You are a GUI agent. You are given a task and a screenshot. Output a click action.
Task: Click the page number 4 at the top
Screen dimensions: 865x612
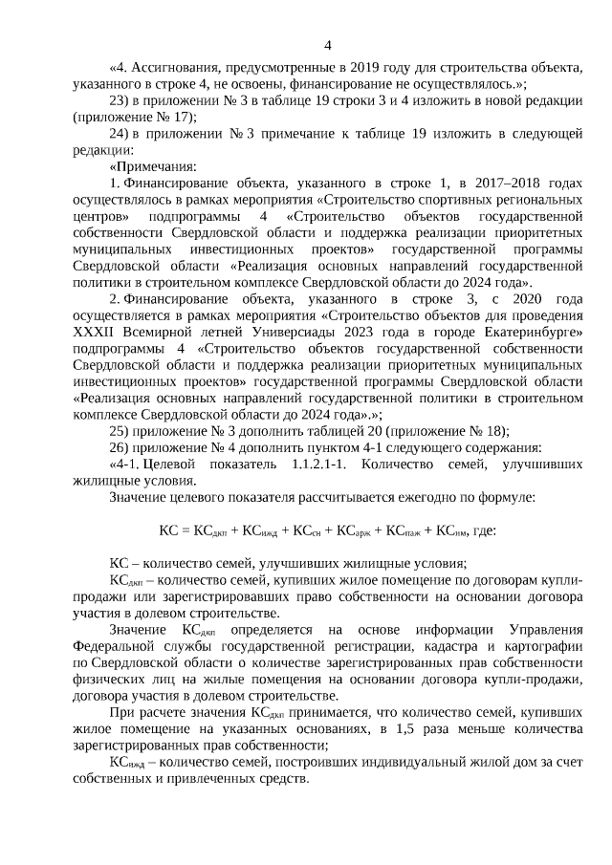328,44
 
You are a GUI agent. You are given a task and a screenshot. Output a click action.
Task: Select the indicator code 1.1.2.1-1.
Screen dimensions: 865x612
316,464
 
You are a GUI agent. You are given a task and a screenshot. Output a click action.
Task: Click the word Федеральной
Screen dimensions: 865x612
112,645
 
